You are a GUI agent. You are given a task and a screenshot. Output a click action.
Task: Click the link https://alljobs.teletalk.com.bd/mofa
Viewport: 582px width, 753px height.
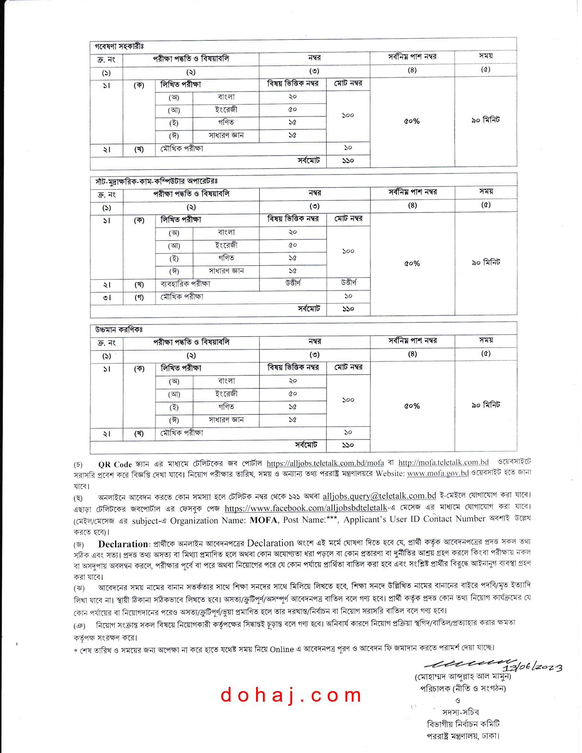pyautogui.click(x=325, y=463)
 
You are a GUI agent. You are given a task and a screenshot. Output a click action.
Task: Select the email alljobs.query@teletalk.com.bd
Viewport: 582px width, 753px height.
pyautogui.click(x=379, y=496)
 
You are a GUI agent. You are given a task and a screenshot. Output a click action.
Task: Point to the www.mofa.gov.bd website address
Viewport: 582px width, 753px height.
pyautogui.click(x=438, y=473)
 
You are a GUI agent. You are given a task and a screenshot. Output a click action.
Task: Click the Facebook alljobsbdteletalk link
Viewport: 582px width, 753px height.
pyautogui.click(x=306, y=508)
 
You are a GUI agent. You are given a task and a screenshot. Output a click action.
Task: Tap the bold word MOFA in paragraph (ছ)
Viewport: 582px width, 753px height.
pyautogui.click(x=263, y=520)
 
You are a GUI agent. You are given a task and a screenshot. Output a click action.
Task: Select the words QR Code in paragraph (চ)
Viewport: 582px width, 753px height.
pyautogui.click(x=115, y=464)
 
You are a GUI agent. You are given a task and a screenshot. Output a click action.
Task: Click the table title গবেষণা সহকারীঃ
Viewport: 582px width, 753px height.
pyautogui.click(x=119, y=46)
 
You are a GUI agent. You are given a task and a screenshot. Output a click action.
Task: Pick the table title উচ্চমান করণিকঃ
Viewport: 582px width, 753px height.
pyautogui.click(x=119, y=330)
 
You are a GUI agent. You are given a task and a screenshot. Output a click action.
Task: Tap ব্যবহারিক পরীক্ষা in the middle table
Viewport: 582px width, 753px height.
pyautogui.click(x=185, y=284)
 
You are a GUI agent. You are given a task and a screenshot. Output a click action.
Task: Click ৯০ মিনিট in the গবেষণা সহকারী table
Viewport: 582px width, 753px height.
pyautogui.click(x=485, y=120)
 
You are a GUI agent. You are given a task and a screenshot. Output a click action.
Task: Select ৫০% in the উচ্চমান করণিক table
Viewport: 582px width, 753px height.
pyautogui.click(x=412, y=406)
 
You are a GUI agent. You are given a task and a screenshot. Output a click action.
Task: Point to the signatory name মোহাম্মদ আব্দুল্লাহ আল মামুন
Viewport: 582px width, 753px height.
pyautogui.click(x=463, y=677)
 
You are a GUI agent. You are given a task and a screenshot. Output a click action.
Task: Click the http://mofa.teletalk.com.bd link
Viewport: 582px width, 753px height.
pyautogui.click(x=443, y=462)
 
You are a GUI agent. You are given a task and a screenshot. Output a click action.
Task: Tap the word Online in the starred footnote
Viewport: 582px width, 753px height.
pyautogui.click(x=282, y=649)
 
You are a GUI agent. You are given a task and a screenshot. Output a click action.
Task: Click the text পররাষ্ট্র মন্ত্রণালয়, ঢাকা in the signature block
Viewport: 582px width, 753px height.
pyautogui.click(x=463, y=736)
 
